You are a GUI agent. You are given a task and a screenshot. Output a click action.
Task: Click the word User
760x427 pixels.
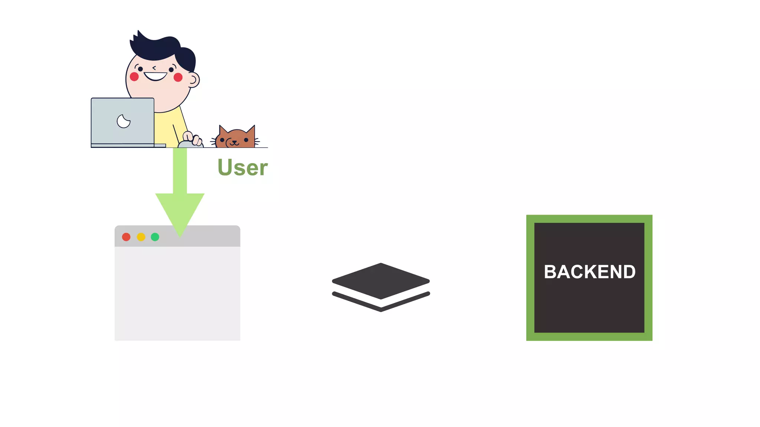[242, 168]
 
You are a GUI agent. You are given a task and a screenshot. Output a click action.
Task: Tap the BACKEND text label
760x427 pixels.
[589, 272]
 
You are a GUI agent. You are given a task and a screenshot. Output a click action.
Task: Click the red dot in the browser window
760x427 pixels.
[126, 237]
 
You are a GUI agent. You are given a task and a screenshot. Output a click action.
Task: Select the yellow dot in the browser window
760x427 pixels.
[141, 237]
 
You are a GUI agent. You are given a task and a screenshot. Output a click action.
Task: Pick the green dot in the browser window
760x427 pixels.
[155, 237]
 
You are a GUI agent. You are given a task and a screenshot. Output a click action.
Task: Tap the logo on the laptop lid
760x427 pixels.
[123, 121]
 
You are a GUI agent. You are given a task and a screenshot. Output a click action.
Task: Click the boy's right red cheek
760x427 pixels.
[178, 77]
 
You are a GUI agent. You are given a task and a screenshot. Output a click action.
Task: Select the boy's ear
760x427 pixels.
[193, 79]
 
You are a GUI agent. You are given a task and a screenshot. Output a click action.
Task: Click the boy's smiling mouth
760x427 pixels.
[155, 76]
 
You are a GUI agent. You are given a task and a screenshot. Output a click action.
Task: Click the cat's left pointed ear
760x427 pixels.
[223, 130]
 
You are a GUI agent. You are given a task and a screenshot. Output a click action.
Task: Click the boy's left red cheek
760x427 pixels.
[134, 76]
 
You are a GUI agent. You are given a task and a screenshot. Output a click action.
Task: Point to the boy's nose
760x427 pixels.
[154, 68]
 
